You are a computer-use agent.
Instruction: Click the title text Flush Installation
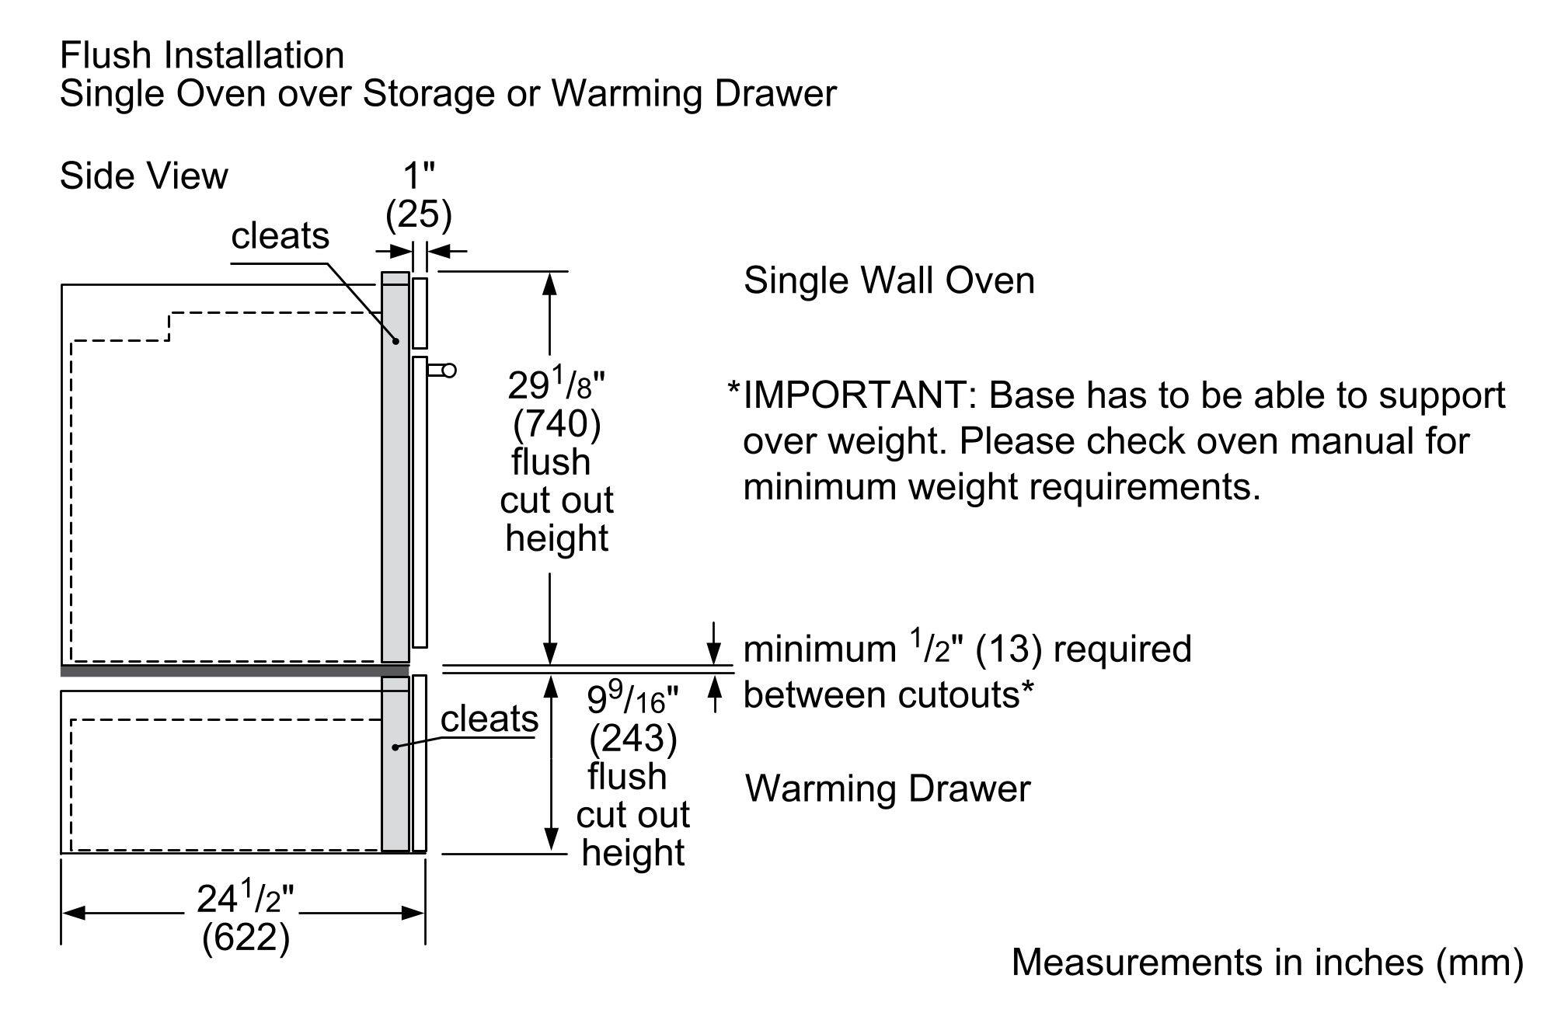pos(202,56)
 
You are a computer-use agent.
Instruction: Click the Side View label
pos(144,176)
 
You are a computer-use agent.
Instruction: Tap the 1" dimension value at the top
pos(418,176)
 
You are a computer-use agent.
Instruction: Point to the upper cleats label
pos(280,235)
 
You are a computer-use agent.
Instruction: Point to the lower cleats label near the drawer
pos(489,719)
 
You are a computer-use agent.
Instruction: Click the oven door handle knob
pos(448,371)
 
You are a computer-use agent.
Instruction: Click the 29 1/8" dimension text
pos(556,384)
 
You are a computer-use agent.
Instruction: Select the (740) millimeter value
pos(556,424)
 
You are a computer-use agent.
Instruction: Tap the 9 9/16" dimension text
pos(632,699)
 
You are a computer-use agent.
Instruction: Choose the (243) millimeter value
pos(632,738)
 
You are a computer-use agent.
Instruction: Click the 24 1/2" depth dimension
pos(245,899)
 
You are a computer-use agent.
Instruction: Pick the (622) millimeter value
pos(246,938)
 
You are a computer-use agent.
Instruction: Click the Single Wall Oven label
pos(889,280)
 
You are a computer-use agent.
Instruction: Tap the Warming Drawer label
pos(887,788)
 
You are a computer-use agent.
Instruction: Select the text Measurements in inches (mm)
pos(1267,962)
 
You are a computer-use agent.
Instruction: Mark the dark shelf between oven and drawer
pos(233,670)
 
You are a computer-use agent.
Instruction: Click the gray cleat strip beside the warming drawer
pos(395,764)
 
